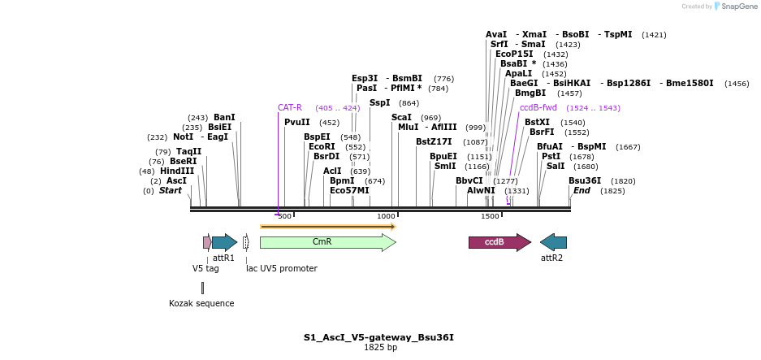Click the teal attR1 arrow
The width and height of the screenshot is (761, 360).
[x=224, y=242]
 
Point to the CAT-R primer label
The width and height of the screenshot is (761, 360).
[x=290, y=107]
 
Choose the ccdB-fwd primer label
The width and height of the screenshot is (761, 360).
[x=538, y=107]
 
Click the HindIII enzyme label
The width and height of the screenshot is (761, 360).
[x=177, y=171]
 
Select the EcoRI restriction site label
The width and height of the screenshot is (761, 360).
[x=322, y=147]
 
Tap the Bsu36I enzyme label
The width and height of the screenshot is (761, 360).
[x=585, y=180]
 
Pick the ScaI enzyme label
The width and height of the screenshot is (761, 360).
[x=402, y=117]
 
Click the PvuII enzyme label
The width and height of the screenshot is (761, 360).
[x=297, y=122]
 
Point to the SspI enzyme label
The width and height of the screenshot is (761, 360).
[x=380, y=102]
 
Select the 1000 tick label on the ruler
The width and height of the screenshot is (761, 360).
[x=386, y=216]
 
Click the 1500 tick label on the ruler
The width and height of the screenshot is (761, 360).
[x=490, y=216]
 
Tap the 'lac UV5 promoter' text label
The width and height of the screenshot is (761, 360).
[x=282, y=268]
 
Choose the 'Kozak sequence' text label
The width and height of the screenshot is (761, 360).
[x=201, y=303]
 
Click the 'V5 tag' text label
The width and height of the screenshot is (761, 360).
[x=205, y=268]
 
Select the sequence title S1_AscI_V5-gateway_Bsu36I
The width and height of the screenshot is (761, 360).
[x=378, y=336]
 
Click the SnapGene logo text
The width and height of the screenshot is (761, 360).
[x=739, y=7]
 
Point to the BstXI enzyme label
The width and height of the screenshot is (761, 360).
[x=538, y=122]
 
